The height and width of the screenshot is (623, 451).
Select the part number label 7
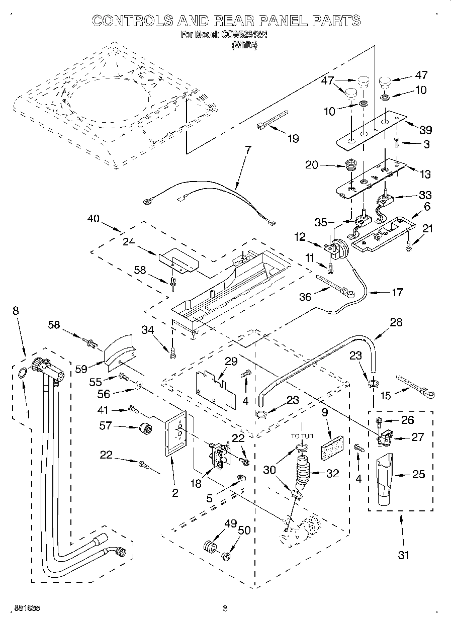click(247, 150)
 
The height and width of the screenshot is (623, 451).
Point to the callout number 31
click(403, 555)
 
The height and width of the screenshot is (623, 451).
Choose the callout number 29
click(231, 362)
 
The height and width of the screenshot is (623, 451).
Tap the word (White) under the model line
click(244, 45)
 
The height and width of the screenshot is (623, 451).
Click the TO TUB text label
click(302, 436)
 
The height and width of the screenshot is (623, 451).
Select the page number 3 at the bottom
click(225, 608)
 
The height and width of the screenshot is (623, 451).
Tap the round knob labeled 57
click(146, 429)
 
